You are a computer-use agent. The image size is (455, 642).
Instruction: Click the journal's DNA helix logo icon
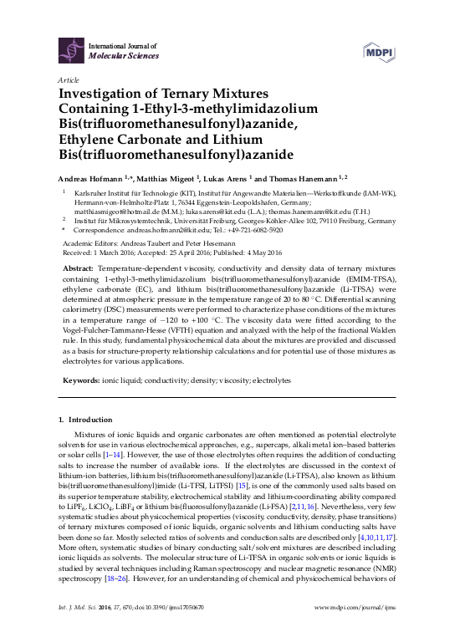[x=69, y=49]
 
